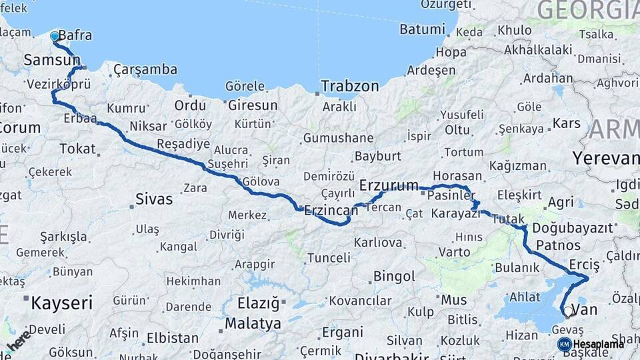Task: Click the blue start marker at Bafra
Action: (x=55, y=35)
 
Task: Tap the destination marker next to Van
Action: (x=568, y=311)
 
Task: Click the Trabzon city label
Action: (x=349, y=86)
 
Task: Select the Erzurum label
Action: (x=389, y=185)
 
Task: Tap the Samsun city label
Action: (x=52, y=61)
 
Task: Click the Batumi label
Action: (x=421, y=29)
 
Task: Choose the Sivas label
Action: (x=154, y=199)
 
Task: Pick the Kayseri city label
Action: (x=61, y=304)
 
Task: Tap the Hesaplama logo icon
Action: (x=564, y=344)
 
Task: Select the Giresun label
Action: (x=253, y=105)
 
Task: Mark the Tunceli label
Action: (x=328, y=257)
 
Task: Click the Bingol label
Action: (x=395, y=276)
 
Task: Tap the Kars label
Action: (x=567, y=123)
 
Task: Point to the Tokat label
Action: (x=77, y=149)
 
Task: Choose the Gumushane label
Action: (x=338, y=138)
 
